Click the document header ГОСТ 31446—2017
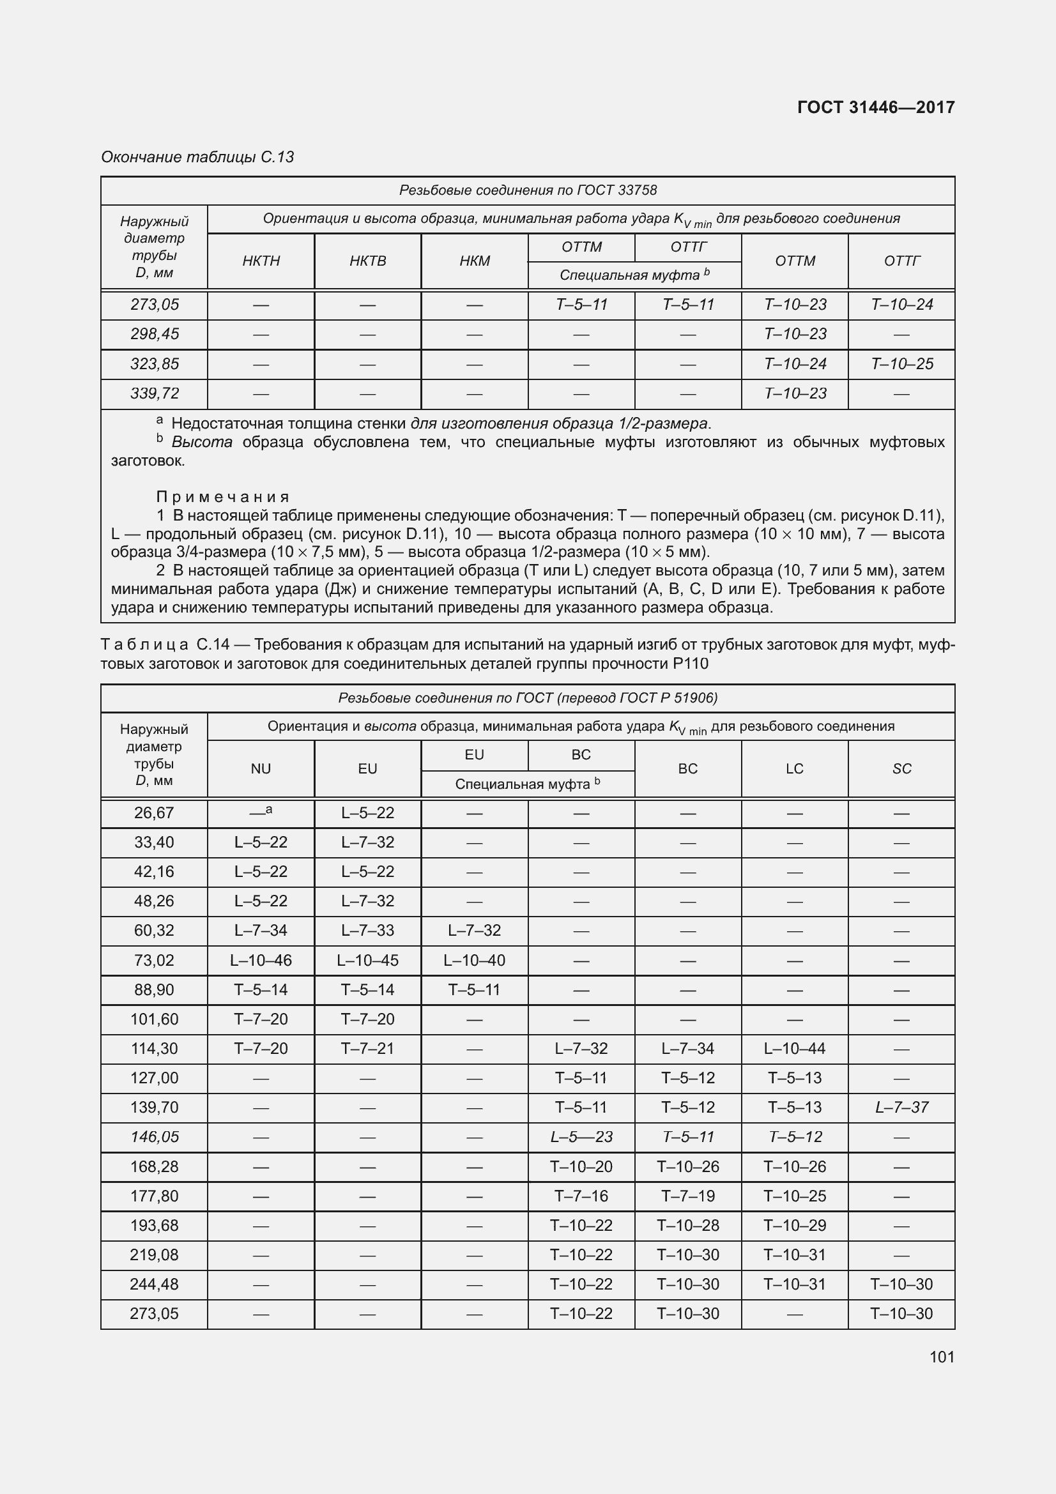pos(875,107)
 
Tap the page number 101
pos(942,1357)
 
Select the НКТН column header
pos(260,261)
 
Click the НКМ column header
pos(474,261)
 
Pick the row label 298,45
pos(154,334)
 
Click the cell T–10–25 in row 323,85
pos(901,363)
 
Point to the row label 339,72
pos(154,393)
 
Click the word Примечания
pos(222,497)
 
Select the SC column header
pos(901,768)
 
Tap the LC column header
pos(795,768)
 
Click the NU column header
pos(260,768)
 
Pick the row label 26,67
pos(154,812)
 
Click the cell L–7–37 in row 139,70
pos(901,1107)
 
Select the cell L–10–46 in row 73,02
pos(260,960)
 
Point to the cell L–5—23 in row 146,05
pos(581,1137)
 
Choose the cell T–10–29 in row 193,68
pos(795,1225)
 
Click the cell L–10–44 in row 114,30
pos(795,1048)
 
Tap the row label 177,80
pos(154,1195)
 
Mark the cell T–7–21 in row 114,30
pos(367,1048)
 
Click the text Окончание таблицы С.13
pos(197,157)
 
